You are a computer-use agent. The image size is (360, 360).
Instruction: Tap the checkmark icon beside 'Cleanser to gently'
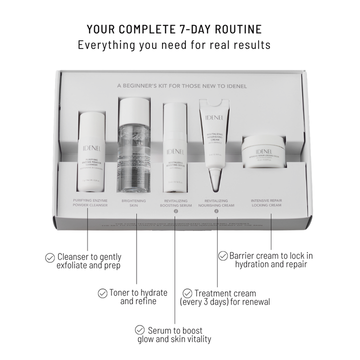[x=50, y=257]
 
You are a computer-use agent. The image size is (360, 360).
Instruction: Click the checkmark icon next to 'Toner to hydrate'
[x=102, y=293]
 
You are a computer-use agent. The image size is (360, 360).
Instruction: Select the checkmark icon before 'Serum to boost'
[x=140, y=330]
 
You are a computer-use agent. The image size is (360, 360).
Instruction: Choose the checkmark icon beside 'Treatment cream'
[x=187, y=293]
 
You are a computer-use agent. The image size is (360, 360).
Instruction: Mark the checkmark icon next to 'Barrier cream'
[x=223, y=256]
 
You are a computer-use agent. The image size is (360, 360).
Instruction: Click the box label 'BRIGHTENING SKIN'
[x=133, y=202]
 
